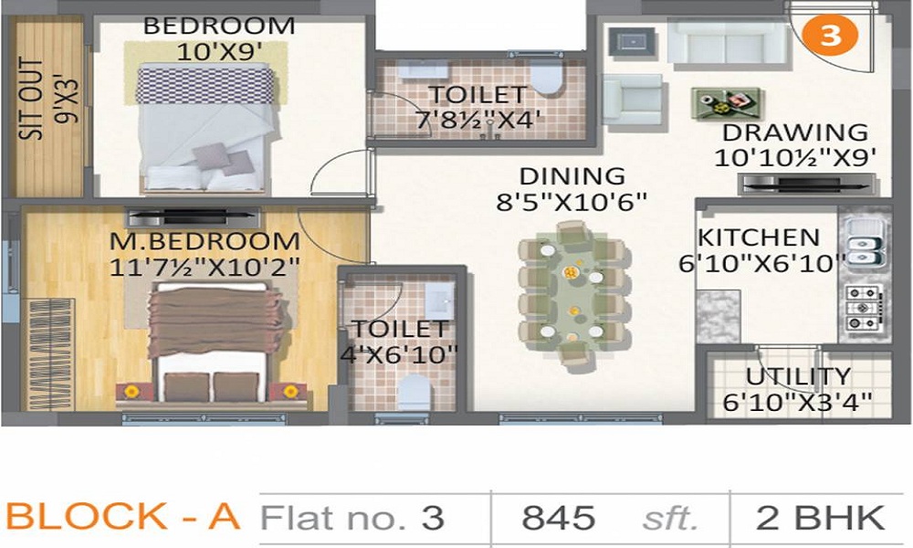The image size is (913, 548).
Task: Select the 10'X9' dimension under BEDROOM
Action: coord(219,51)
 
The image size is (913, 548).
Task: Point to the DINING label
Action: coord(572,175)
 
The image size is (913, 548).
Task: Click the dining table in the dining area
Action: coord(572,294)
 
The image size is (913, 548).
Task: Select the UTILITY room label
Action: coord(798,376)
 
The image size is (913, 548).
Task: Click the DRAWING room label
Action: coord(794,132)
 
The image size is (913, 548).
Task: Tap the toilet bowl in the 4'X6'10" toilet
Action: coord(415,394)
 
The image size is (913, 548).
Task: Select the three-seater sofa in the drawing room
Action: coord(727,41)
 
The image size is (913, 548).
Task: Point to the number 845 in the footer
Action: coord(558,518)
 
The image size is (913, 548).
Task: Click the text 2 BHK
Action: coord(820,518)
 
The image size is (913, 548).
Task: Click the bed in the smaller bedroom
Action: coord(205,128)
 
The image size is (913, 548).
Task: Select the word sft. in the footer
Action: coord(666,519)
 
